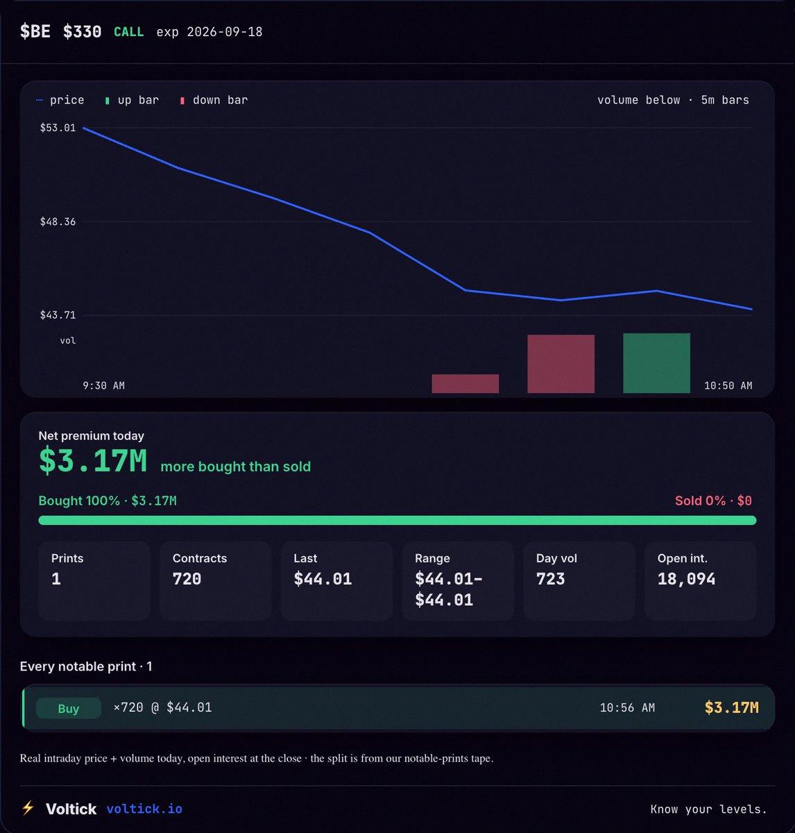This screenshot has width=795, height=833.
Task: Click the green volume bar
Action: coord(656,363)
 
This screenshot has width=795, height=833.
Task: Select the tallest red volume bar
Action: coord(561,364)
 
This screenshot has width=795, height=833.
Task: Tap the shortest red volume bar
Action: coord(465,384)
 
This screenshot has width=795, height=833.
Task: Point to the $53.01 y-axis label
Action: coord(58,128)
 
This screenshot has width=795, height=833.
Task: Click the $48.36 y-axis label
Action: coord(58,221)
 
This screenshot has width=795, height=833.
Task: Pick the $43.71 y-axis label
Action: coord(58,315)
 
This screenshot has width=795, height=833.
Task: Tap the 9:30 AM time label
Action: coord(103,386)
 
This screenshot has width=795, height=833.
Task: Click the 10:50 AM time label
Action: coord(728,386)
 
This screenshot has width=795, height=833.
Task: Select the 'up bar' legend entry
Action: coord(132,100)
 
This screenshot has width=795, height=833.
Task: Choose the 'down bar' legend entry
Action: coord(214,100)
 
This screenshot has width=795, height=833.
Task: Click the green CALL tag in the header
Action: coord(129,32)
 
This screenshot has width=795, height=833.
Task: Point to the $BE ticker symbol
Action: coord(35,31)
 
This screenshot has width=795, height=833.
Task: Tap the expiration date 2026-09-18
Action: coord(225,32)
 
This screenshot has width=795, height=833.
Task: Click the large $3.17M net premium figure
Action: coord(93,461)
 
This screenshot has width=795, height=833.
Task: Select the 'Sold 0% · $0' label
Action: coord(713,500)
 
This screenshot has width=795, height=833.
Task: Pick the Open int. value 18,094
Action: coord(686,579)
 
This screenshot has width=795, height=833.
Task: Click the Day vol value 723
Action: coord(550,579)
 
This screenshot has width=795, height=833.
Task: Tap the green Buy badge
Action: coord(69,709)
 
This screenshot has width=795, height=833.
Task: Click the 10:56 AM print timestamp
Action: coord(627,707)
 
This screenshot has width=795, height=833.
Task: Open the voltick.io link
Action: coord(144,809)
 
